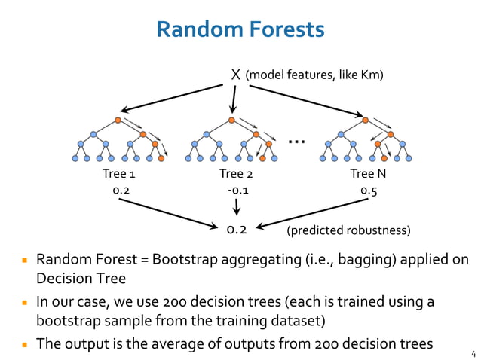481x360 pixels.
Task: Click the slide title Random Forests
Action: pyautogui.click(x=240, y=29)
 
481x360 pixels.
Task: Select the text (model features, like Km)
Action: pyautogui.click(x=315, y=75)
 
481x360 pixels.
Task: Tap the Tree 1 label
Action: pyautogui.click(x=119, y=175)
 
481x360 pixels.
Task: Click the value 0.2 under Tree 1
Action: pyautogui.click(x=121, y=191)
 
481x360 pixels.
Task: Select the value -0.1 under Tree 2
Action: pyautogui.click(x=237, y=191)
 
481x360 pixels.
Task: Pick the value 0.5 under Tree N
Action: pyautogui.click(x=369, y=191)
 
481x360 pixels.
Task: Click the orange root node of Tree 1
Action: pyautogui.click(x=118, y=120)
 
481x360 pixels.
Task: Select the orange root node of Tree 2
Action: pyautogui.click(x=231, y=120)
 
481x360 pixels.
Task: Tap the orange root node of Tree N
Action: pyautogui.click(x=365, y=120)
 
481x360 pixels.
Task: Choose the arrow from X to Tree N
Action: pyautogui.click(x=305, y=99)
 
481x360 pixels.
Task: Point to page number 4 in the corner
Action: pyautogui.click(x=473, y=352)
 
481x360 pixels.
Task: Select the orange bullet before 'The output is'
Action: pyautogui.click(x=25, y=344)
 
